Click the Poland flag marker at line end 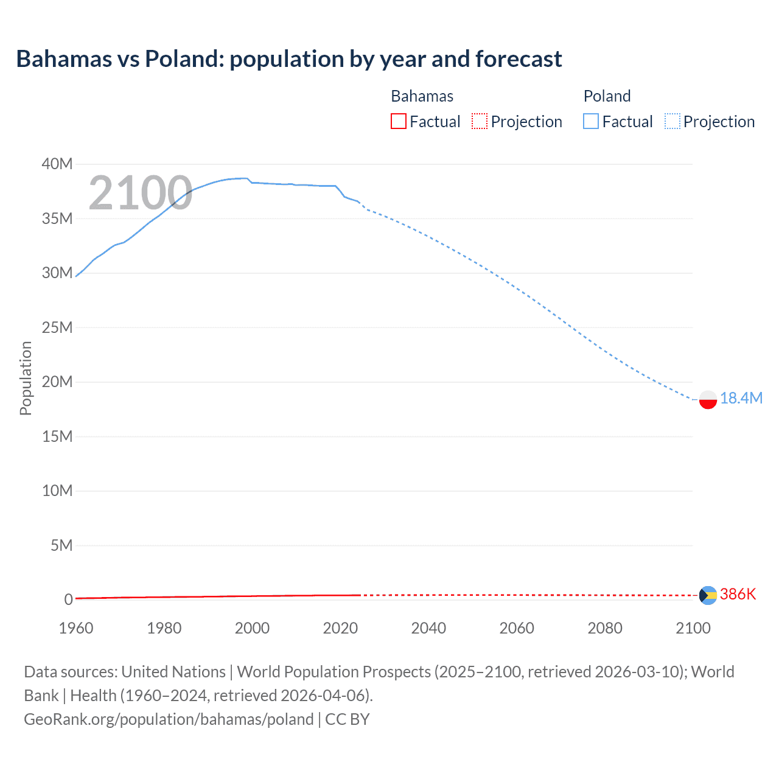tap(708, 400)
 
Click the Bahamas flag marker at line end tap(708, 595)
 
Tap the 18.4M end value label tap(741, 398)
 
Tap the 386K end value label tap(738, 594)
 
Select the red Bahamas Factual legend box tap(398, 122)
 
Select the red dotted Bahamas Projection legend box tap(480, 122)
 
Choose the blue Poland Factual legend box tap(590, 122)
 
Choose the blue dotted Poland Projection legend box tap(672, 122)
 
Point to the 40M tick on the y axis tap(57, 164)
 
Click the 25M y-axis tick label tap(57, 327)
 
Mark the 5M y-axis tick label tap(61, 545)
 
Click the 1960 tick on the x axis tap(76, 628)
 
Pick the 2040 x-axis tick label tap(428, 628)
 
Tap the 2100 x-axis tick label tap(693, 628)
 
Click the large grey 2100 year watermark tap(141, 193)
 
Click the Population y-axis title tap(26, 378)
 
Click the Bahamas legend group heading tap(422, 96)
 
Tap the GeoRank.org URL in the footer tap(169, 719)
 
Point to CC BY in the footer tap(348, 719)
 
